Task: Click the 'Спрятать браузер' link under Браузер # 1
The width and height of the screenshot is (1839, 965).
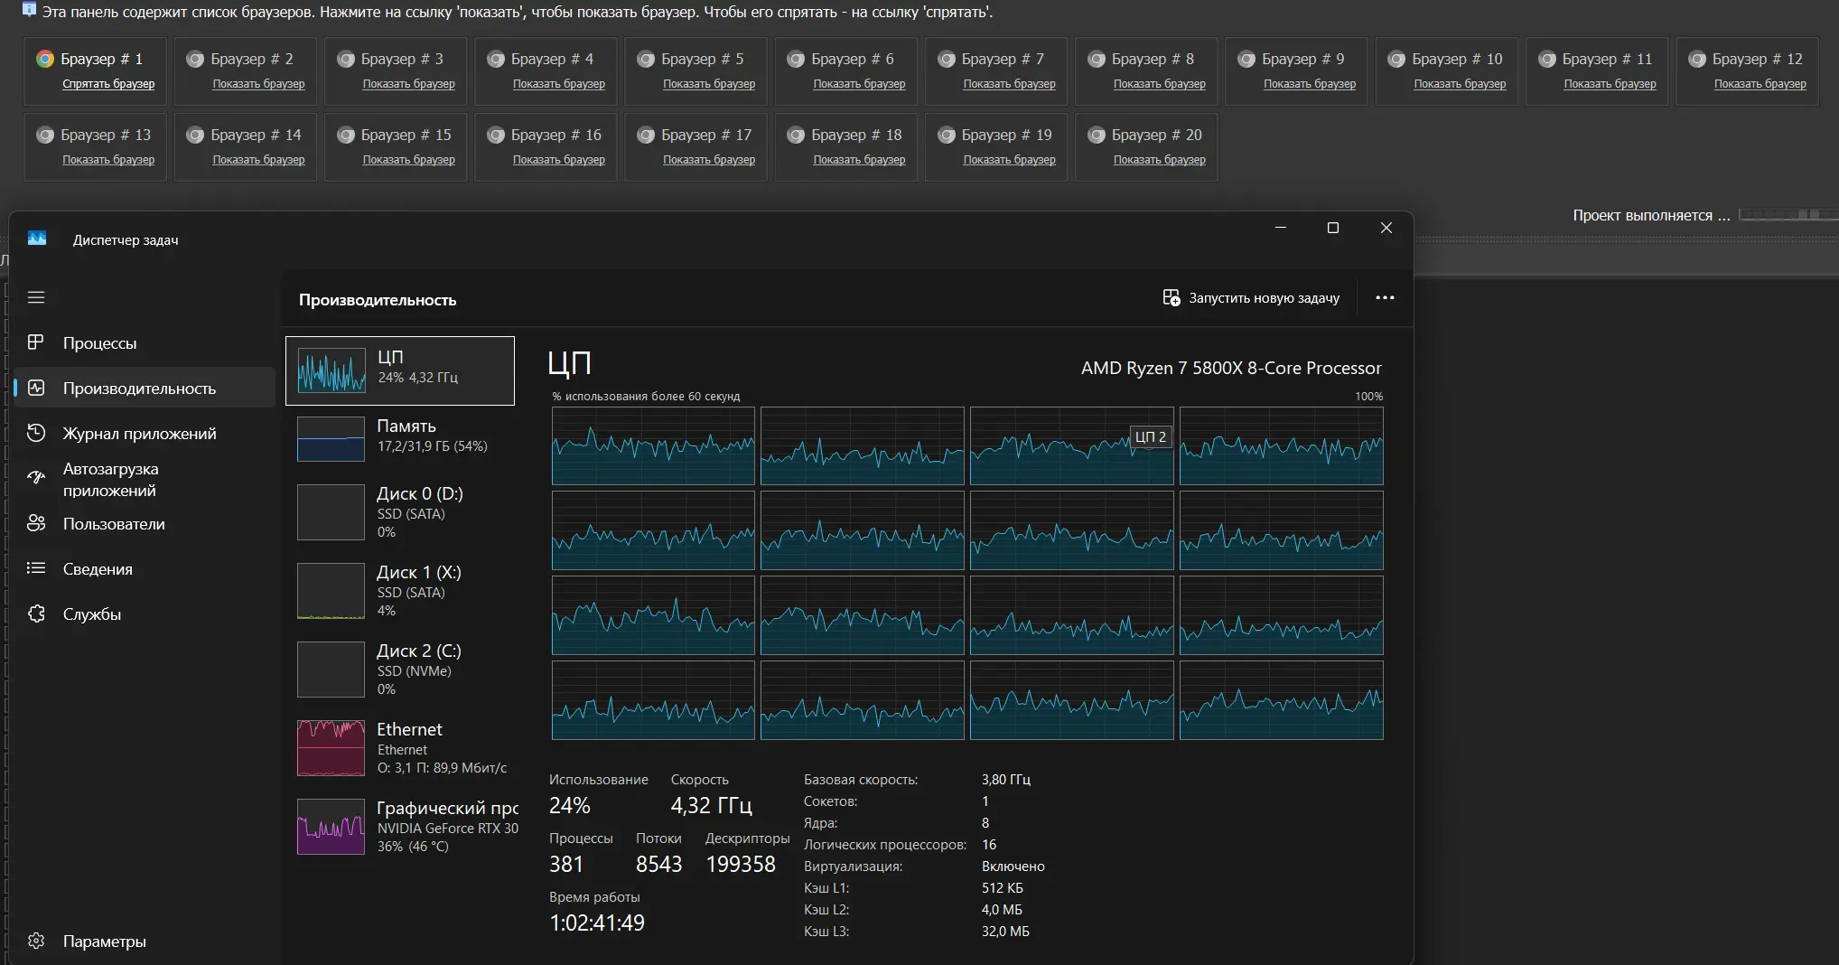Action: click(108, 84)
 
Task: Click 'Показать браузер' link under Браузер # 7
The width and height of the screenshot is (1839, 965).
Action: click(1009, 84)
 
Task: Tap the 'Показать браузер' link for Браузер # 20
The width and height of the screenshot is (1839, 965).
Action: click(1159, 160)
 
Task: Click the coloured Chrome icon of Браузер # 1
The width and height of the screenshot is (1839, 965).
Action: click(45, 59)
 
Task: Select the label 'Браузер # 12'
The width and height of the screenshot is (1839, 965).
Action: click(1757, 59)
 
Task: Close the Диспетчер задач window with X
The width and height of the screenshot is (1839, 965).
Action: click(1386, 228)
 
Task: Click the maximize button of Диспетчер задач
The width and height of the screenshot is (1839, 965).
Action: click(1332, 228)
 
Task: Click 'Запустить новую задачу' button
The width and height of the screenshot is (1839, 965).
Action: click(1251, 298)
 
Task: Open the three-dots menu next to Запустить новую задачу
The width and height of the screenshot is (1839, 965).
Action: click(1385, 298)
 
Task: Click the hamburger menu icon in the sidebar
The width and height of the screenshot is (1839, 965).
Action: click(36, 297)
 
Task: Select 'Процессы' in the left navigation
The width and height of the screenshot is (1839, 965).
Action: click(99, 343)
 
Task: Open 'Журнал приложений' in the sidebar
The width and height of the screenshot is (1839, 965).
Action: click(139, 434)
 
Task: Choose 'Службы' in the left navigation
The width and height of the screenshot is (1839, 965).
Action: click(91, 614)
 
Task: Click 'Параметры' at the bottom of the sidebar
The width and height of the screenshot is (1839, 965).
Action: click(104, 942)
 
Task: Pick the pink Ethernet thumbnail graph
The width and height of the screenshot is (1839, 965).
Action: click(331, 748)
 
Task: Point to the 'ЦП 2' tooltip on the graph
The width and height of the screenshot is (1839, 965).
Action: click(1150, 436)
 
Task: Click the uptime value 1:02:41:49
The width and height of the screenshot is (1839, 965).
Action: click(597, 923)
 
